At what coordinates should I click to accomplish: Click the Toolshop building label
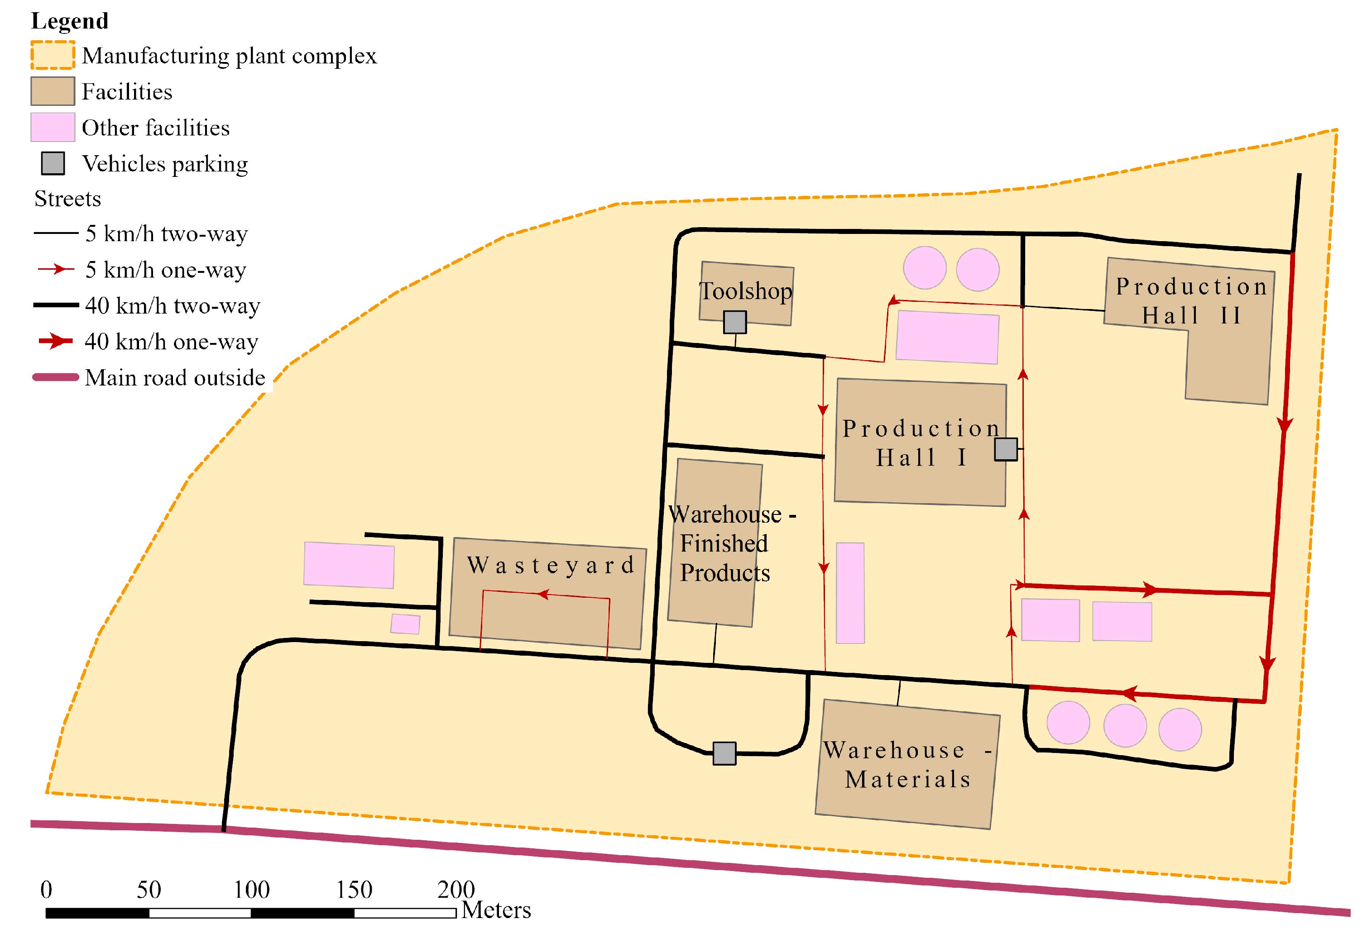(745, 291)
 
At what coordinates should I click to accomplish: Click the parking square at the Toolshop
(735, 322)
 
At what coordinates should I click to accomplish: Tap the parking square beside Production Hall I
(1006, 449)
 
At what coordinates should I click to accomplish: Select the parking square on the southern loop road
(724, 753)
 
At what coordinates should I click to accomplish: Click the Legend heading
(70, 21)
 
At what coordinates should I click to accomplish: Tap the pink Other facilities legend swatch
(53, 127)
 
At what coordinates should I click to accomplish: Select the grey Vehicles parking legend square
(53, 163)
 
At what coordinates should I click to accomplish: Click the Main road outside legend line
(56, 378)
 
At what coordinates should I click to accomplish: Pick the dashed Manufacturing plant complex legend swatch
(53, 56)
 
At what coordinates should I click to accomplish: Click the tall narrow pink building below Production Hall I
(850, 593)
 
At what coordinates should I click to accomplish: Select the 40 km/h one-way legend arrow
(56, 341)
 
